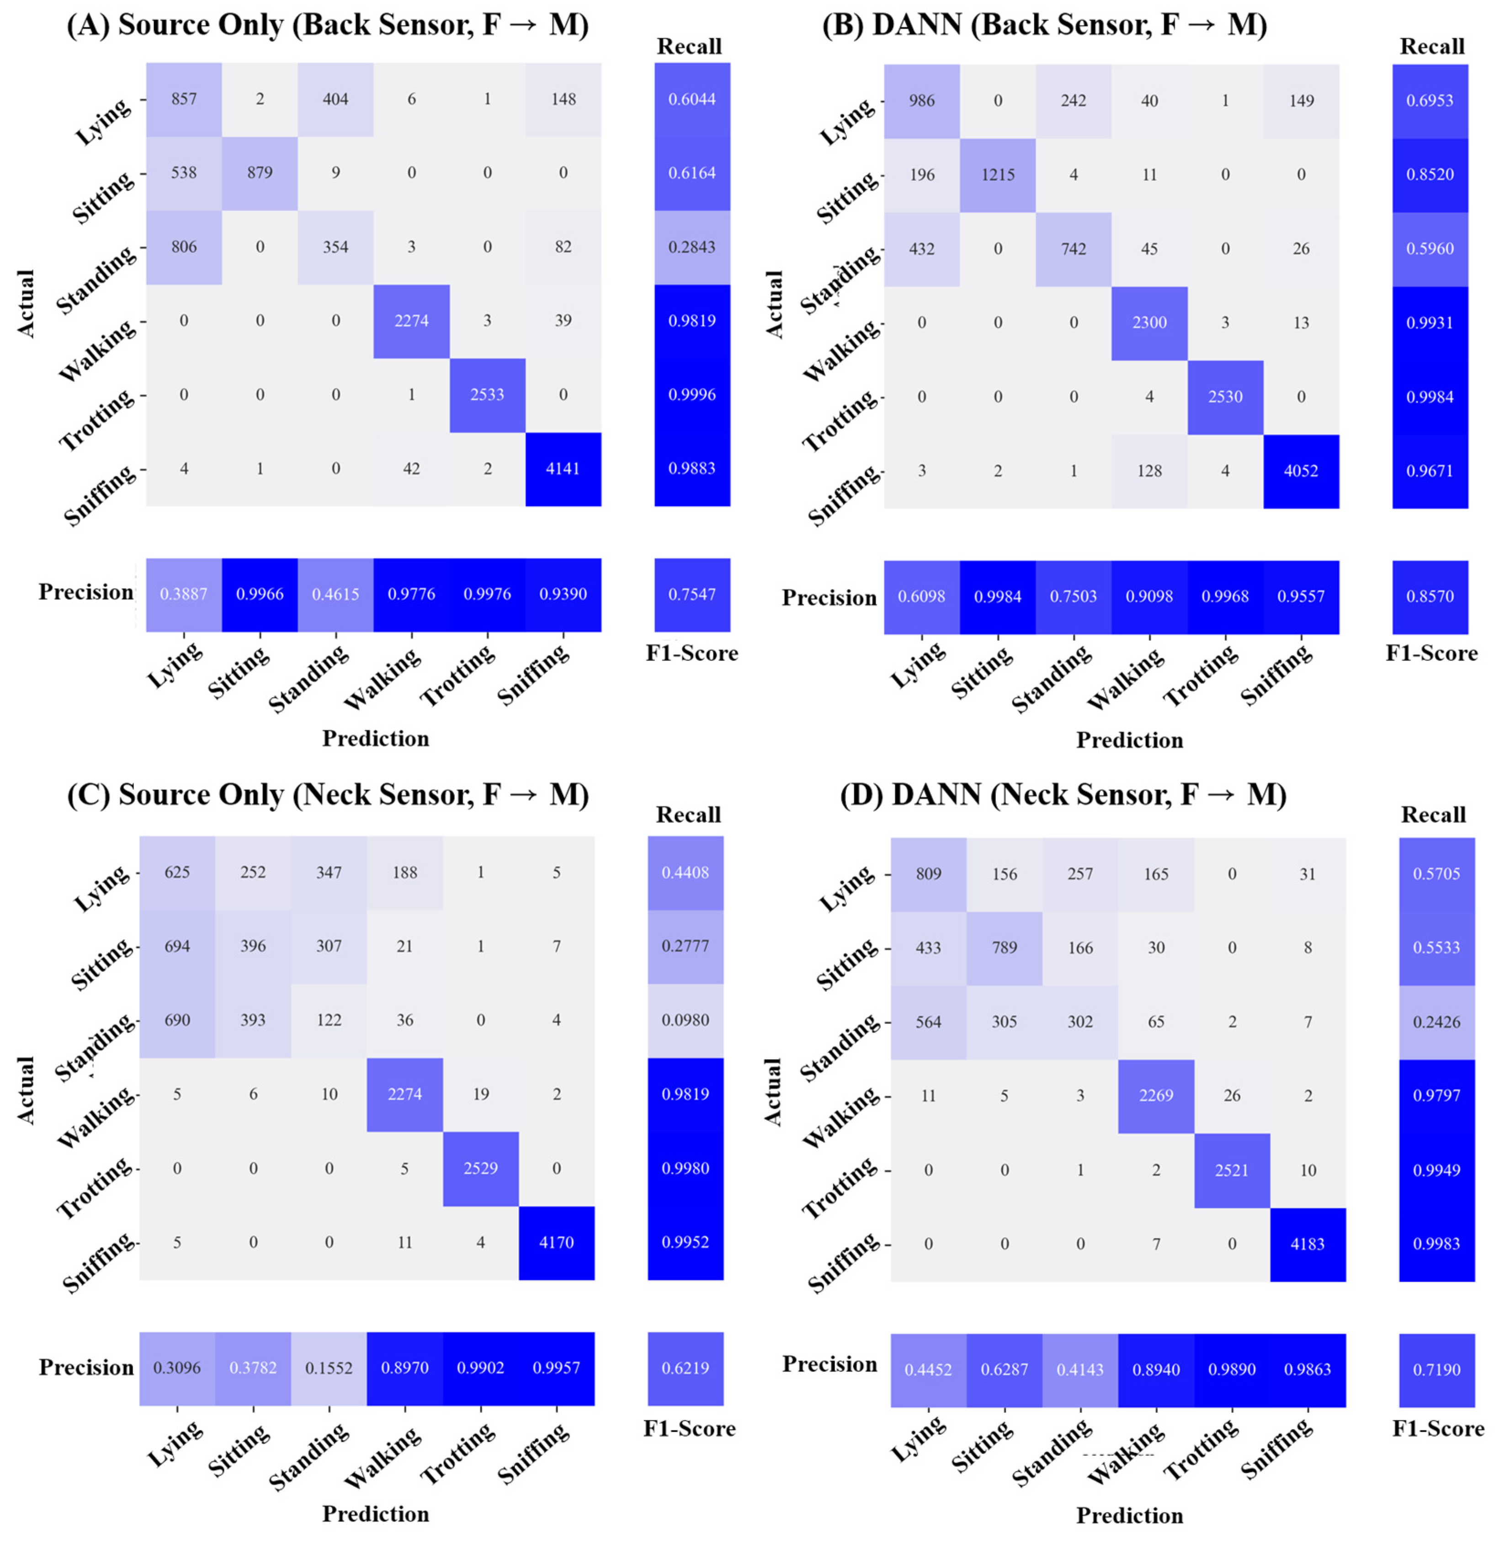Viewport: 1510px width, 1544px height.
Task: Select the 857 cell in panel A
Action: (x=184, y=99)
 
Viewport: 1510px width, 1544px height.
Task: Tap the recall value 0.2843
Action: (x=691, y=247)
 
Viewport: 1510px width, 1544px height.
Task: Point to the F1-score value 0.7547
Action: (x=691, y=594)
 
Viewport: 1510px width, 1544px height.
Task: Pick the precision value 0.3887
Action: (x=184, y=594)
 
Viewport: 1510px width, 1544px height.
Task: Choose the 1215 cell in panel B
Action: (x=998, y=175)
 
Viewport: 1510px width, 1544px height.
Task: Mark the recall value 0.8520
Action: (x=1430, y=175)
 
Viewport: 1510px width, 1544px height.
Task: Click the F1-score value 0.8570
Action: (x=1430, y=596)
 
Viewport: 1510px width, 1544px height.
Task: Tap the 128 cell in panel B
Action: (x=1149, y=471)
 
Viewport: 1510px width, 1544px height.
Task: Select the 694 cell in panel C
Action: (x=177, y=946)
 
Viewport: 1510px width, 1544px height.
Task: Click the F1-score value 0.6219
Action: (x=685, y=1368)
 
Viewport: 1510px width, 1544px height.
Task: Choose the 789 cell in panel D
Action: (x=1004, y=948)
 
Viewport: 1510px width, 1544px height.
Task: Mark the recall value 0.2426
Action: (x=1436, y=1022)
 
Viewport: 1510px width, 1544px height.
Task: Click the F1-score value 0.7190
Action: (x=1436, y=1369)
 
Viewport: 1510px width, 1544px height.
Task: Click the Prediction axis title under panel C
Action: (x=375, y=1514)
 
